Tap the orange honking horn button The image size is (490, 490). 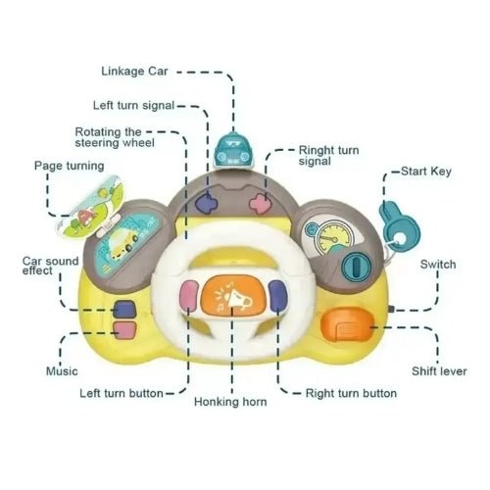(x=233, y=295)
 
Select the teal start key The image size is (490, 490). (x=399, y=227)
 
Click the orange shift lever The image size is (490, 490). (x=347, y=324)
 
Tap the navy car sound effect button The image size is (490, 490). (x=124, y=309)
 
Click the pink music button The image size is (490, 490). (x=124, y=329)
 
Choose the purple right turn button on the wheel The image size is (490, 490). (x=277, y=294)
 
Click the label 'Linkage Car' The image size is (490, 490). (x=134, y=72)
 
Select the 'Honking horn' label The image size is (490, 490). (x=230, y=402)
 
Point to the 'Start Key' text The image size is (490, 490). (x=426, y=171)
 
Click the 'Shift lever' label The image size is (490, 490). (x=439, y=371)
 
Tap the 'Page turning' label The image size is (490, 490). (x=70, y=166)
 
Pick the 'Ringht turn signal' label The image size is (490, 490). (x=328, y=156)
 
